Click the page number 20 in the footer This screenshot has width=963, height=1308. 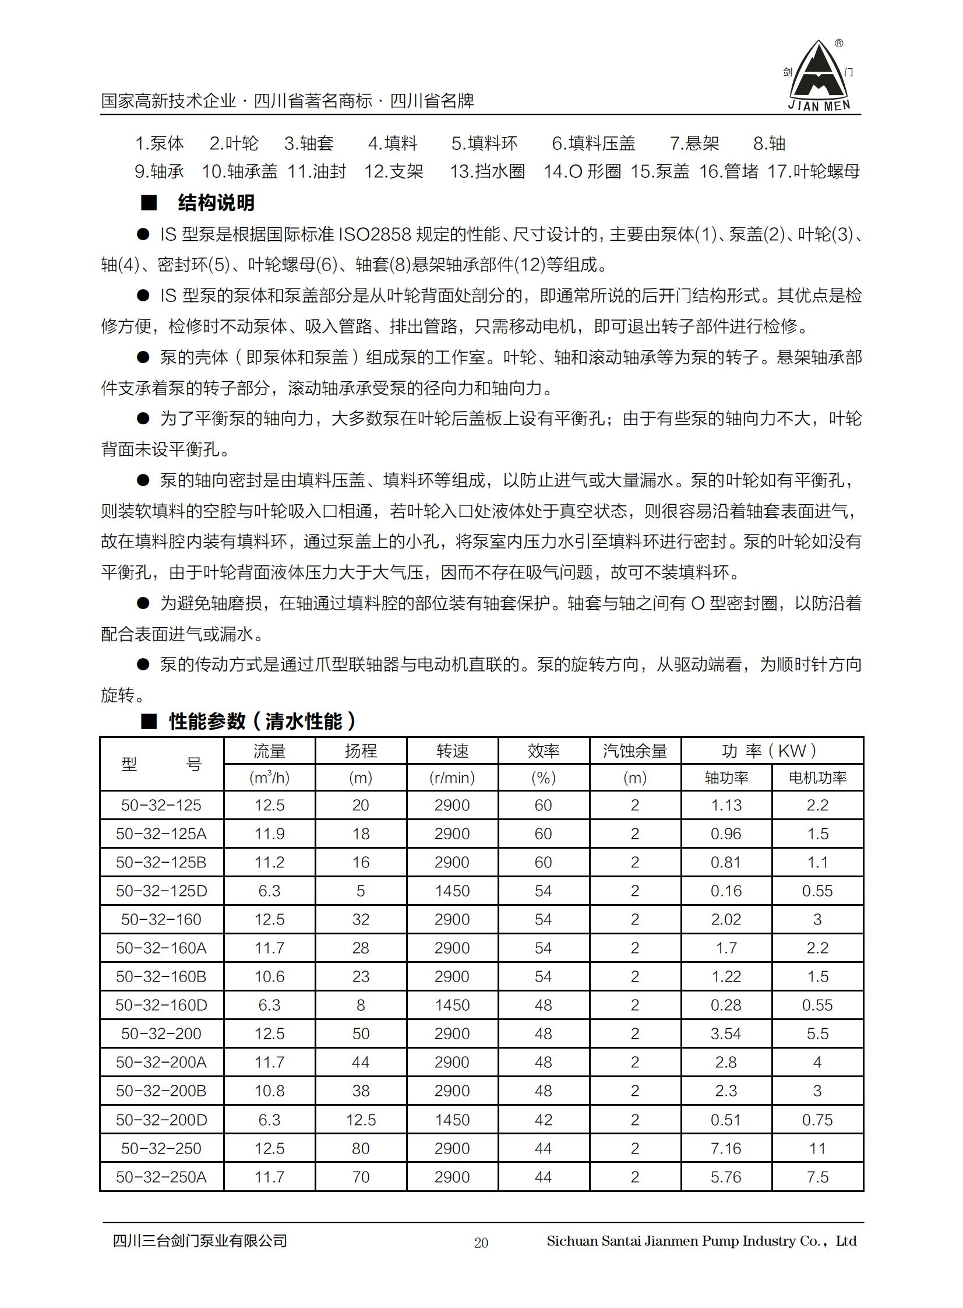[481, 1243]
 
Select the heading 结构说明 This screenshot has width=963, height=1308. [216, 203]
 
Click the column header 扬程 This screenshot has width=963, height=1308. [361, 751]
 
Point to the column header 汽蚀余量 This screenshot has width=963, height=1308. [635, 751]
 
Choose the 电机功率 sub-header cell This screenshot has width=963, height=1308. [817, 778]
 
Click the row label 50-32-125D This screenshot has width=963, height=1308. [161, 891]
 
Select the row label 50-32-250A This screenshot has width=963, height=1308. [161, 1177]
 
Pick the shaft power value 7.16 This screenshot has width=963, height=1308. [726, 1148]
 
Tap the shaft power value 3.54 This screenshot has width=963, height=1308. [726, 1034]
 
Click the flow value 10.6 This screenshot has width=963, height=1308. [269, 977]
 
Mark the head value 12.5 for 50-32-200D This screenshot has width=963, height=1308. [361, 1120]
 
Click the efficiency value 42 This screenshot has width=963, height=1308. [544, 1120]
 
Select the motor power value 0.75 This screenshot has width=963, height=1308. [817, 1120]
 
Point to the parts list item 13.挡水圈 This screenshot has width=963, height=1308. [488, 171]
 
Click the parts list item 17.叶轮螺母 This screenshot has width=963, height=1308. [813, 171]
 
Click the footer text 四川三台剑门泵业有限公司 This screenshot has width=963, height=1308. [200, 1241]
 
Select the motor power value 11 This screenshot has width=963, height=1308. [817, 1148]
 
